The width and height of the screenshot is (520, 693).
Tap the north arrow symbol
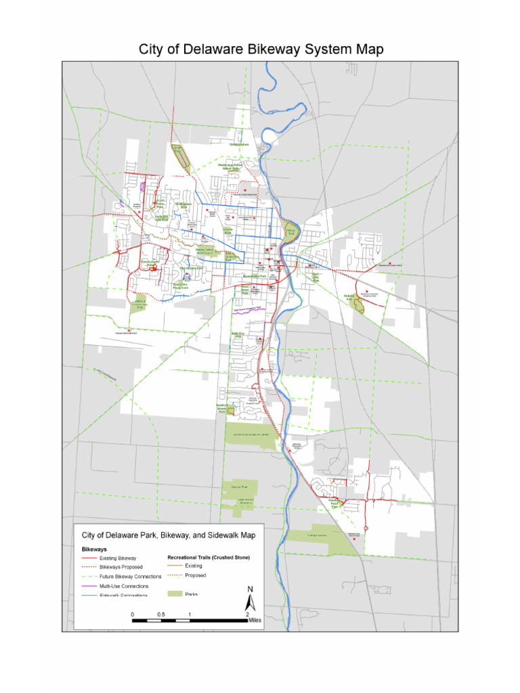[250, 600]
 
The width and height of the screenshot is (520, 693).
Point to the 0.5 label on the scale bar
[160, 614]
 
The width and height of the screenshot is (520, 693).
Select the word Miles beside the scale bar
[255, 619]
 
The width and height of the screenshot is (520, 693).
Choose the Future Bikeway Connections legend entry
[130, 577]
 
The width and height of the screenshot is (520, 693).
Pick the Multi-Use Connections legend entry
[124, 585]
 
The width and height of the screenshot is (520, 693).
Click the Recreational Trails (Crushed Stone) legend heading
[209, 558]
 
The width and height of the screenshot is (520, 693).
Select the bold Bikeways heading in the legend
[95, 549]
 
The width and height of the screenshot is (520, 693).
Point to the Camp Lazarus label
[316, 535]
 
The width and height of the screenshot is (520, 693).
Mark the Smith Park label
[179, 147]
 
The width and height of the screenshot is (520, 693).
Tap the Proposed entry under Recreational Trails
[194, 575]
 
